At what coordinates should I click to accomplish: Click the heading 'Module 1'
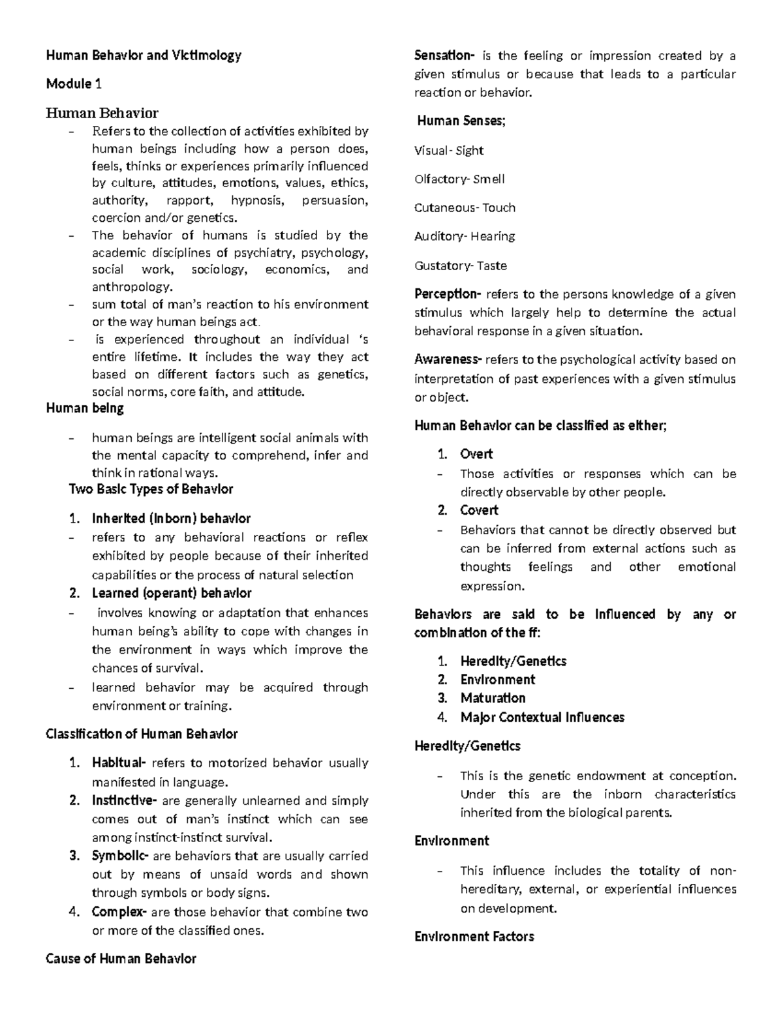point(74,84)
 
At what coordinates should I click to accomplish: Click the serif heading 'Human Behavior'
point(102,113)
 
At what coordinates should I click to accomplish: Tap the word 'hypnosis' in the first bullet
point(258,200)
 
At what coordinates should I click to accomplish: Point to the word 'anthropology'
point(132,287)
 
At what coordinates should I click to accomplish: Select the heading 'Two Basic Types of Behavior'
point(151,489)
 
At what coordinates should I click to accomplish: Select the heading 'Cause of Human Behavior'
point(121,959)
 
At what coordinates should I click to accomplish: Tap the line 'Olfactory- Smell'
point(459,179)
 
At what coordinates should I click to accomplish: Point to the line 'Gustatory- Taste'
point(460,265)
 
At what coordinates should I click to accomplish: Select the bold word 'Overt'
point(476,454)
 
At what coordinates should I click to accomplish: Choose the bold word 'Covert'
point(479,510)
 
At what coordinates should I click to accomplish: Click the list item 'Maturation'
point(493,698)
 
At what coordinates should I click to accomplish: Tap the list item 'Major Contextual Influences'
point(542,718)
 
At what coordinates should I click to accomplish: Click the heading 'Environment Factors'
point(474,937)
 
